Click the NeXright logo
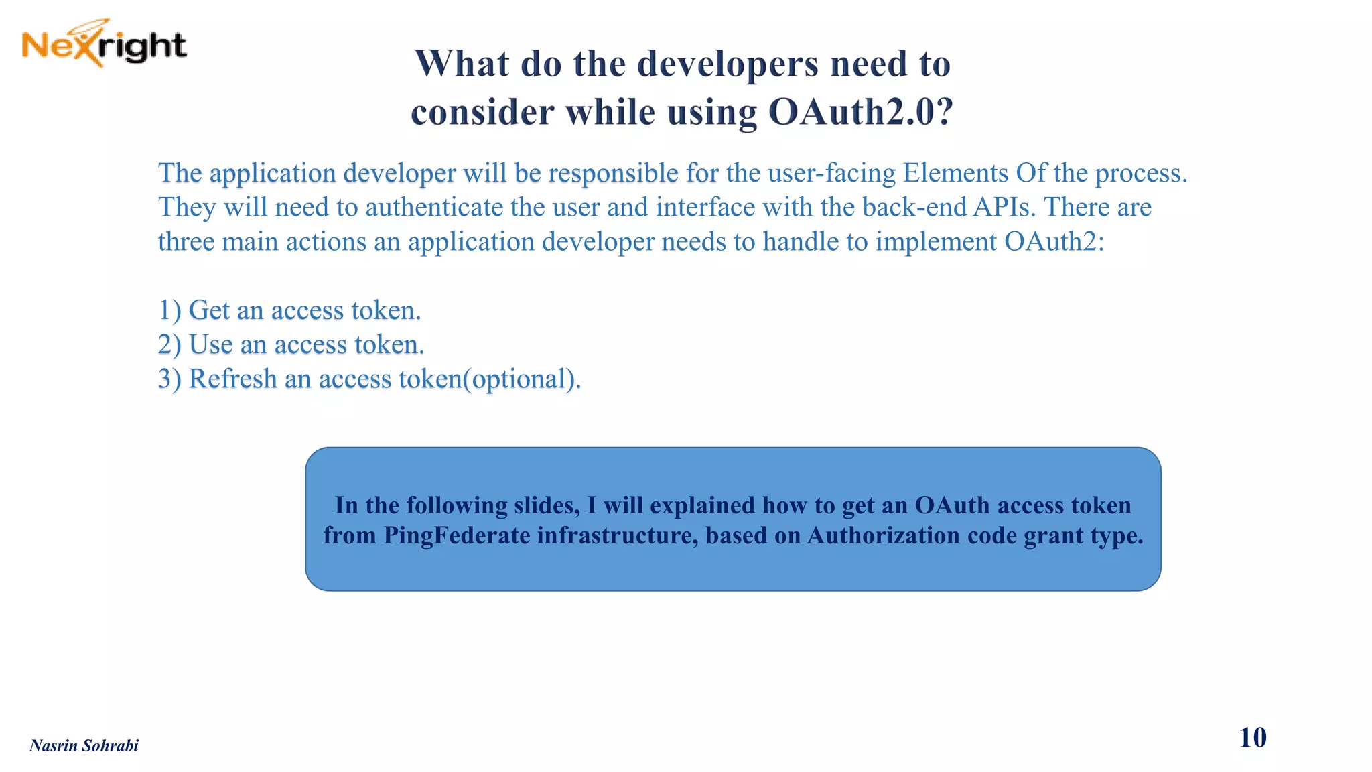104,44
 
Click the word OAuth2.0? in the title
860,112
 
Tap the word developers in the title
728,64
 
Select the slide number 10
1252,738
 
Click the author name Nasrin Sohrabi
84,746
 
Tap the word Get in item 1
209,311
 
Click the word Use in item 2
210,345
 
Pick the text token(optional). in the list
490,379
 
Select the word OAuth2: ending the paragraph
1054,242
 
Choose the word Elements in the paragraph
955,174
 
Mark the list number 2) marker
169,345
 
